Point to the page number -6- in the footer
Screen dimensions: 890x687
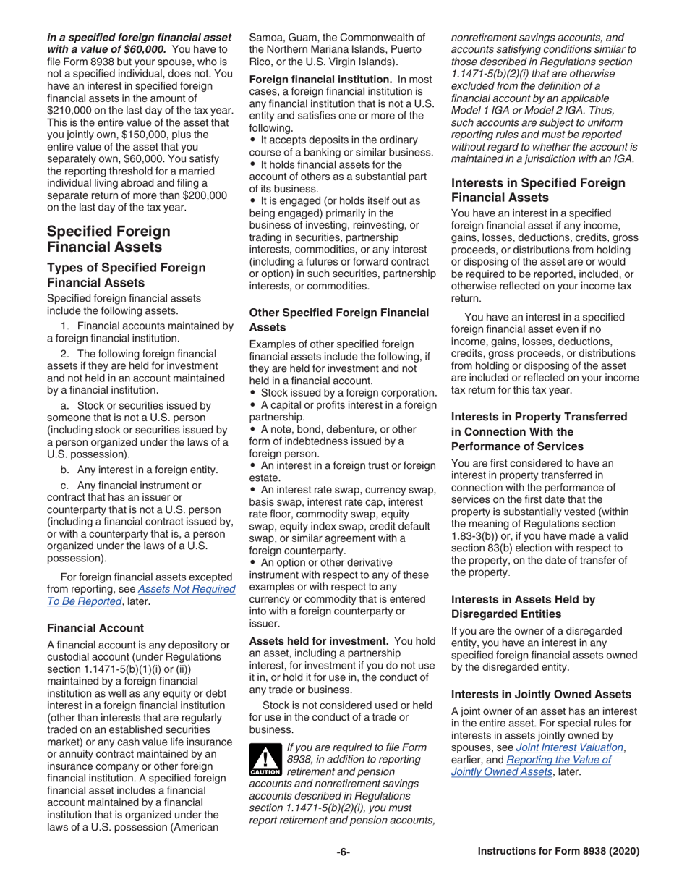(x=343, y=852)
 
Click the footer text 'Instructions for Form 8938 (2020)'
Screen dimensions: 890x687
(x=558, y=852)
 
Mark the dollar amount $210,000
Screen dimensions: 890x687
(x=73, y=110)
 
